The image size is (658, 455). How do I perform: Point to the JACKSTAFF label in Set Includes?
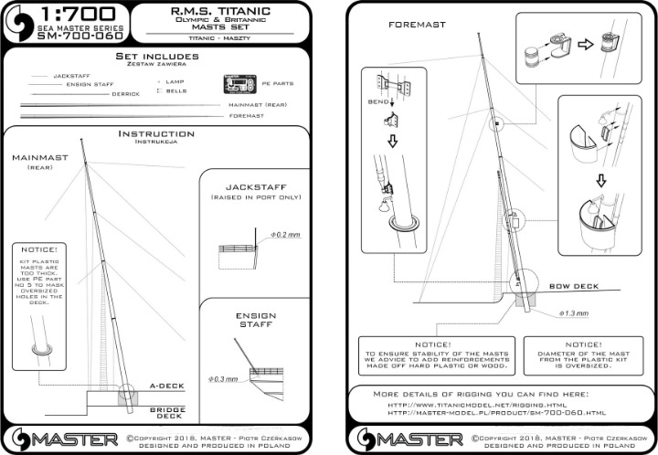click(71, 75)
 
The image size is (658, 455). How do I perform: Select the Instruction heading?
click(156, 134)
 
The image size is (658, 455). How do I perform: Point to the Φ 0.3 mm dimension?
click(224, 377)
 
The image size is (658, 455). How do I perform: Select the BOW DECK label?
click(574, 286)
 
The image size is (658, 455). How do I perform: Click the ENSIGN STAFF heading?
click(255, 322)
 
